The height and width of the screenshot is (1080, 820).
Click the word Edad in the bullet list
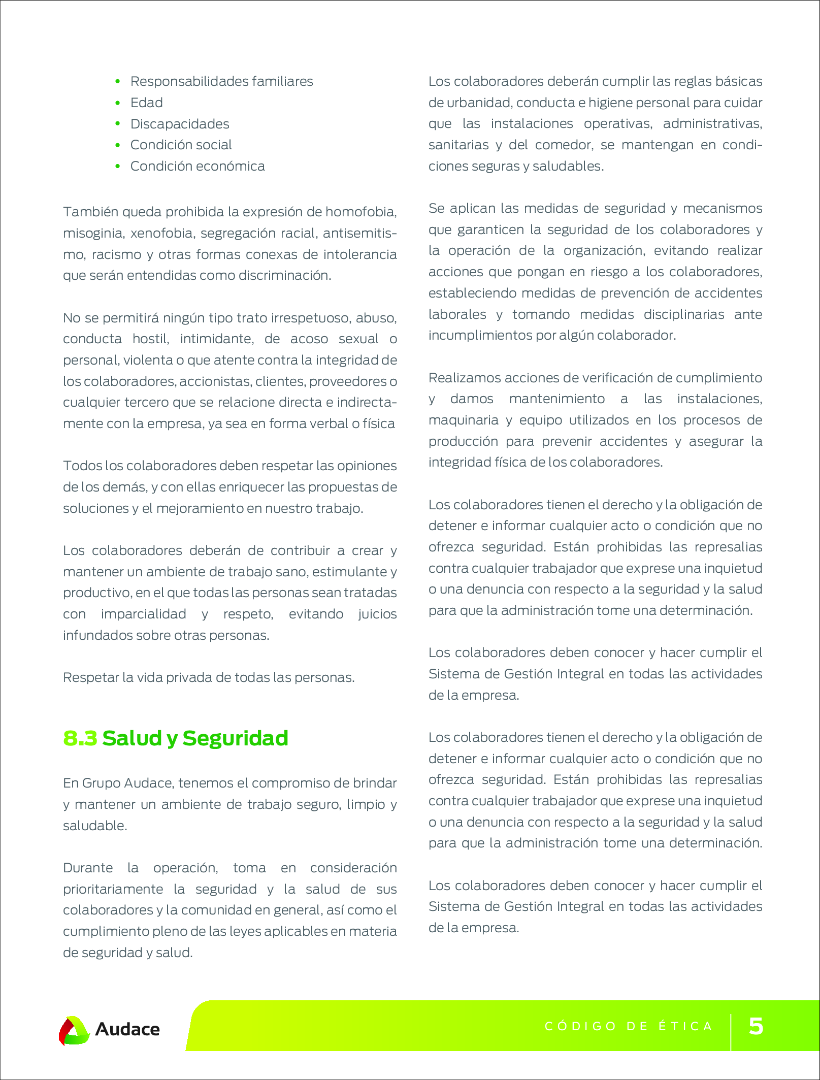point(146,103)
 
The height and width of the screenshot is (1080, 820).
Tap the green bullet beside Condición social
point(118,145)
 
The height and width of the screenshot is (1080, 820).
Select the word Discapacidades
point(180,124)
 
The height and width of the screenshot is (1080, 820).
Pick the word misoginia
point(93,233)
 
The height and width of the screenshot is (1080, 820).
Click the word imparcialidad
point(144,614)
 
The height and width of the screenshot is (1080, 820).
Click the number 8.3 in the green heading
point(80,738)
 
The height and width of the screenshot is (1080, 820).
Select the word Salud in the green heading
point(132,738)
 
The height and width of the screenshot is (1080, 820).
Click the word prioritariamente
point(113,889)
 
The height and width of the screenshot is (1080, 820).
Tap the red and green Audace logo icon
point(74,1030)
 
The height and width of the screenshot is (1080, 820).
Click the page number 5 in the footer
point(756,1026)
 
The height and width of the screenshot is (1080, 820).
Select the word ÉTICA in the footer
point(685,1026)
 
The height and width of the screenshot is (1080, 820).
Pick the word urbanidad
point(478,103)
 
